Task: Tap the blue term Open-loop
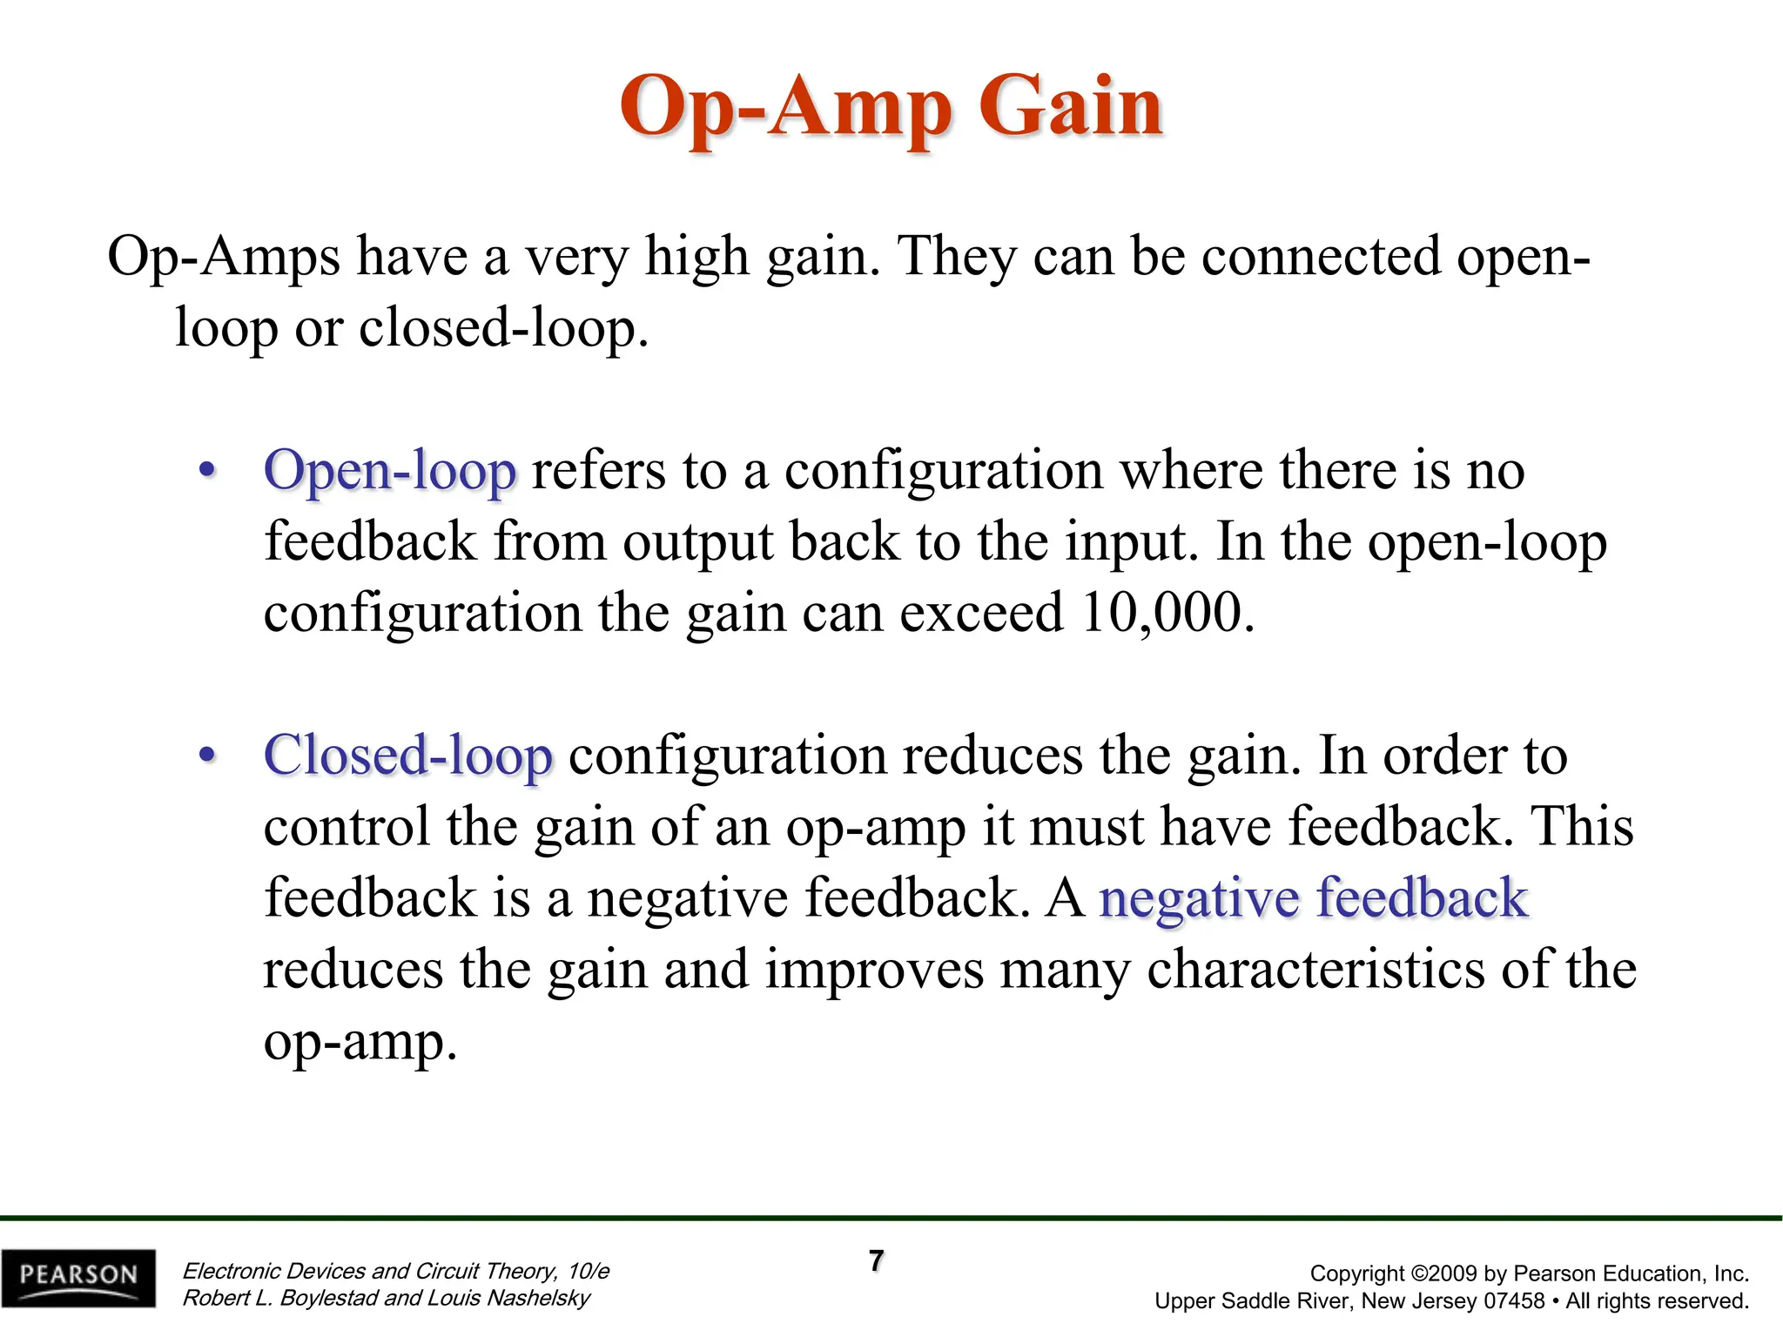point(390,471)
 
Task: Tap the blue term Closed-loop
point(407,756)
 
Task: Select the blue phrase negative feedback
point(1313,898)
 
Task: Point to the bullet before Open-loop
point(206,471)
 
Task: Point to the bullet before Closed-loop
point(206,756)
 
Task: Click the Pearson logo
point(78,1277)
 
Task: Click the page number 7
point(877,1260)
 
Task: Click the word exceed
point(981,612)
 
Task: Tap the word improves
point(874,970)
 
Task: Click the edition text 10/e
point(589,1271)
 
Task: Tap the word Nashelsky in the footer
point(538,1298)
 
